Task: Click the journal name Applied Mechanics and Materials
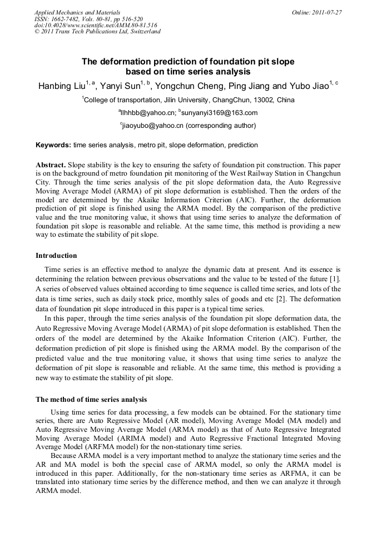tap(77, 12)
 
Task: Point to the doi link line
tap(96, 25)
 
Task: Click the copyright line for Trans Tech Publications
tap(98, 32)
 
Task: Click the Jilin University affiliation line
tap(189, 100)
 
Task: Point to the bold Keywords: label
tap(53, 145)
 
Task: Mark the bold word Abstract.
tap(51, 165)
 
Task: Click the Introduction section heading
tap(56, 256)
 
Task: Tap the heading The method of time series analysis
tap(91, 399)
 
